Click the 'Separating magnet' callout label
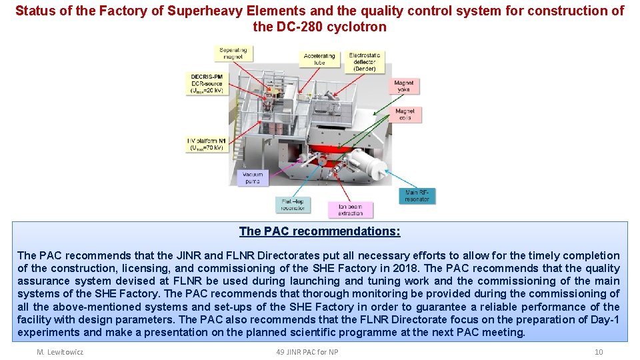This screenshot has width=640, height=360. (x=233, y=54)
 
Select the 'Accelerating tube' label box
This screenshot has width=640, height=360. (x=319, y=59)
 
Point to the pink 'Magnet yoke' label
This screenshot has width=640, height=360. (x=404, y=87)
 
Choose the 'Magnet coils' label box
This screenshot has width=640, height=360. (x=405, y=114)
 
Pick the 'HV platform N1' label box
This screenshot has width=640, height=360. (x=207, y=144)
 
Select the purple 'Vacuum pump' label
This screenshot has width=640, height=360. (x=253, y=177)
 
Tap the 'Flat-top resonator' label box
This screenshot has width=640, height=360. (x=293, y=205)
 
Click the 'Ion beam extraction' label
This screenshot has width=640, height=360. (x=350, y=209)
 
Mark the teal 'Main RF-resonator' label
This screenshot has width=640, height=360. (x=417, y=196)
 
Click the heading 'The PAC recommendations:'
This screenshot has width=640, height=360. (x=320, y=231)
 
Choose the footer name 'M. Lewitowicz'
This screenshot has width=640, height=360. (x=60, y=351)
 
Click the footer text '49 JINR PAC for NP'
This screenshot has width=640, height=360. (x=307, y=351)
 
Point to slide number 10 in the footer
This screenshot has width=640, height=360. (x=598, y=351)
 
